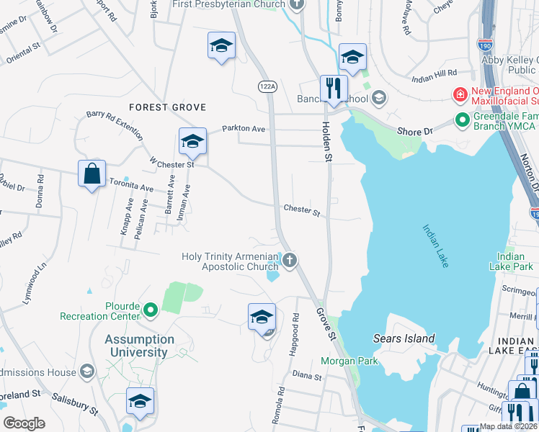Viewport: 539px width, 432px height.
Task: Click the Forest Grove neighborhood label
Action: (x=167, y=107)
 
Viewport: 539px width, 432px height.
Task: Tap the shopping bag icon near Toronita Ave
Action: (x=92, y=174)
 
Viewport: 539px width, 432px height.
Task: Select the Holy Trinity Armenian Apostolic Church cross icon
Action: (x=290, y=260)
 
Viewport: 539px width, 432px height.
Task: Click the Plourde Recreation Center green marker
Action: (x=150, y=310)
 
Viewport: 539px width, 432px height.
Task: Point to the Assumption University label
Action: (x=139, y=346)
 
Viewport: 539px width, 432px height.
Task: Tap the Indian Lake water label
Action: (x=435, y=246)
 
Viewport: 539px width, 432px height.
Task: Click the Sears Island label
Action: (x=404, y=338)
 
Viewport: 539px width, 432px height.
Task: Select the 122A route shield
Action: (x=267, y=86)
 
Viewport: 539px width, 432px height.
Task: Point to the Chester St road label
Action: (x=301, y=212)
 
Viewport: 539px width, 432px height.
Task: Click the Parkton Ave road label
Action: (x=244, y=128)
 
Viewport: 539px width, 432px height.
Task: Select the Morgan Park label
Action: (x=344, y=360)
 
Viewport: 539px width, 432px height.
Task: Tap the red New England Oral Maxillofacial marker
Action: (x=458, y=94)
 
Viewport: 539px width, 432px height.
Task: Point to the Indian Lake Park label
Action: (x=510, y=261)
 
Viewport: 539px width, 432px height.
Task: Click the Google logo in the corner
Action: (x=24, y=423)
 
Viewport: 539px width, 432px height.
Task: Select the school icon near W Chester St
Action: (x=192, y=142)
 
